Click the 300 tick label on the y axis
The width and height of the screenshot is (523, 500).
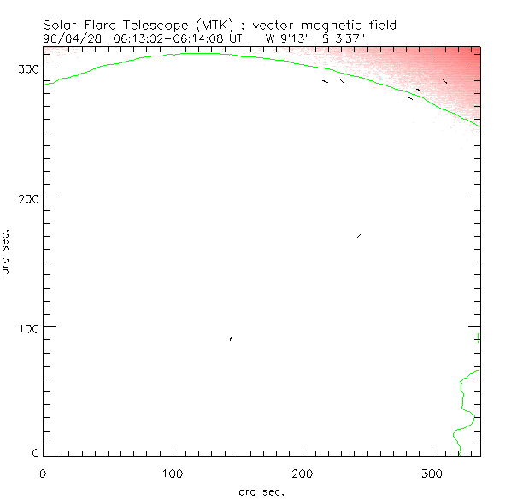(30, 68)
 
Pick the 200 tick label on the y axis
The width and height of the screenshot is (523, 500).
(30, 197)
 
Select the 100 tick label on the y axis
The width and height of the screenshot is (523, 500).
(30, 328)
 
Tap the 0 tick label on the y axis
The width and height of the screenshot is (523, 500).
(36, 453)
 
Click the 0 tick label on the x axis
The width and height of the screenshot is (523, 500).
(43, 472)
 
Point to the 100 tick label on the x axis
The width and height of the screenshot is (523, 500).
(173, 472)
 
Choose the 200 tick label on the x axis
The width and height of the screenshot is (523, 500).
(303, 472)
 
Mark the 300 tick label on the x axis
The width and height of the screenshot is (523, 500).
(433, 472)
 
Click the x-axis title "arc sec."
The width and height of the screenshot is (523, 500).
(261, 491)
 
